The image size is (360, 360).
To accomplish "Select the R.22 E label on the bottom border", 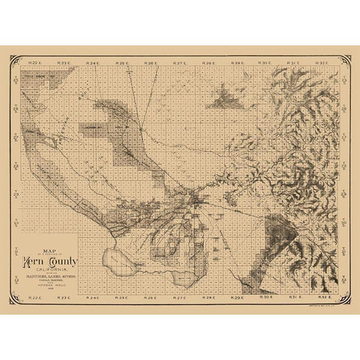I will tap(35, 298).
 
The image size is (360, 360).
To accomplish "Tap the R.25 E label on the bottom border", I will tap(121, 298).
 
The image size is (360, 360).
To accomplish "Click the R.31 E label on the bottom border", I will tap(295, 298).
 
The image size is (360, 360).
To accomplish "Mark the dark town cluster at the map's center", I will tap(196, 199).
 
